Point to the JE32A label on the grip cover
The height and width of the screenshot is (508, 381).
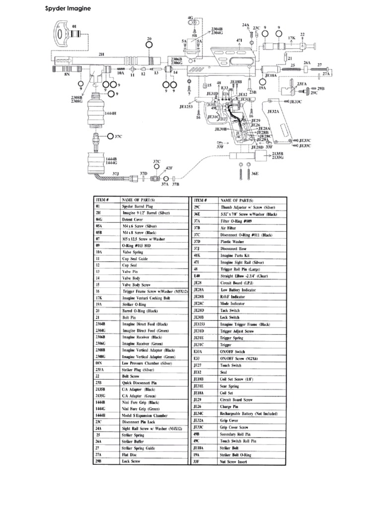(273, 112)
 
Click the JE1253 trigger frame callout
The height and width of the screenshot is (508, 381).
(187, 106)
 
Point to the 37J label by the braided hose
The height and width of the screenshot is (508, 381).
(115, 174)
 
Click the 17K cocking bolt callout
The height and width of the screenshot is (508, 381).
(291, 38)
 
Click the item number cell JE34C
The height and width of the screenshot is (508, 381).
(199, 413)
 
